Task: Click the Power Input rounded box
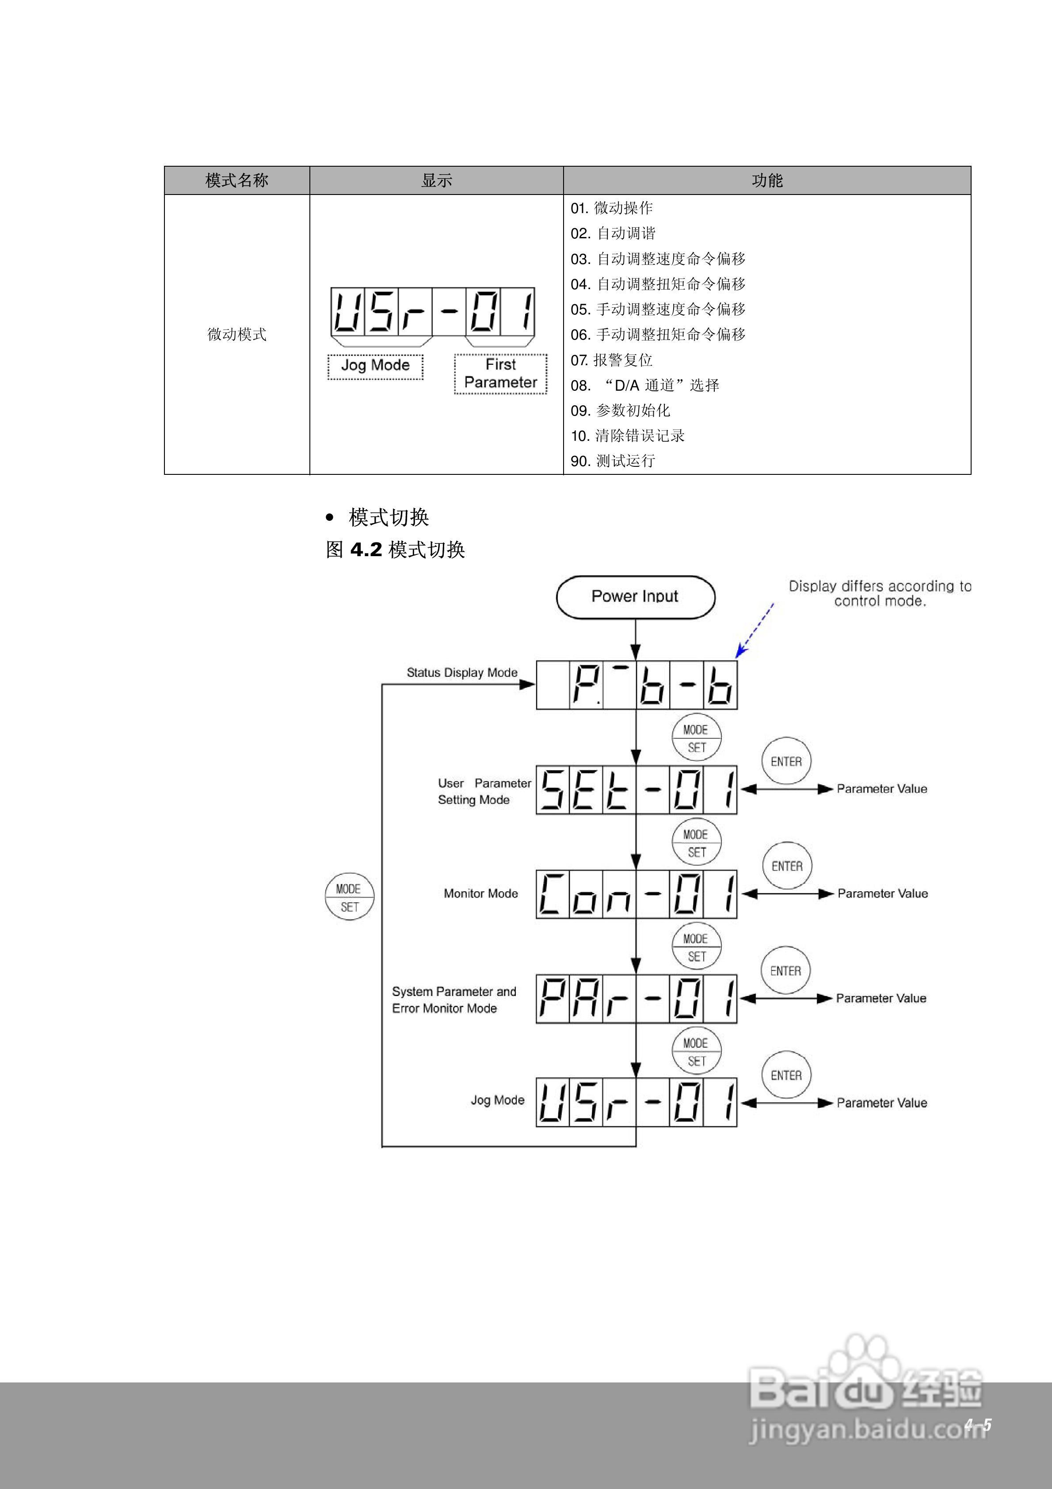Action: (635, 597)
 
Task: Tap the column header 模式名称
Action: (237, 180)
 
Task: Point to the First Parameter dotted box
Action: (501, 374)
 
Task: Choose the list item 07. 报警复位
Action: (612, 360)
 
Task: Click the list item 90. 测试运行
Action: (613, 461)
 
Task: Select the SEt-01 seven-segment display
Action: (636, 789)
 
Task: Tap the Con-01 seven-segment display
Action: (636, 893)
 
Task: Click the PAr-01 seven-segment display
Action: (636, 998)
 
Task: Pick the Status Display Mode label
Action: (462, 672)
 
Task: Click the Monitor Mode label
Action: (480, 893)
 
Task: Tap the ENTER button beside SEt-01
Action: (786, 761)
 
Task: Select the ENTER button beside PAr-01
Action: (785, 971)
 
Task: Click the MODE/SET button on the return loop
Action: (350, 897)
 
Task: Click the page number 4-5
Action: (977, 1425)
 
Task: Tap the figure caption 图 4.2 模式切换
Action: (395, 550)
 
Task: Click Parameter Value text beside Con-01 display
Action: (882, 893)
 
